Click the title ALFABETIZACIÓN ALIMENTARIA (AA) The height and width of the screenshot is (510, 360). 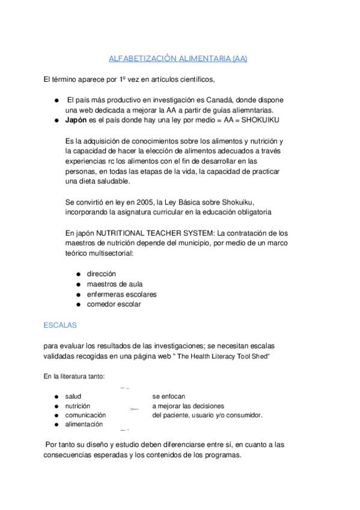point(178,58)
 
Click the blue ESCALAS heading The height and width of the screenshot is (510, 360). point(60,325)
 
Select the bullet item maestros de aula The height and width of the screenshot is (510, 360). point(115,284)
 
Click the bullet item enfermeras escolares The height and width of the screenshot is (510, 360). point(122,294)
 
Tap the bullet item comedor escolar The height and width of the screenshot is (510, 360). point(114,304)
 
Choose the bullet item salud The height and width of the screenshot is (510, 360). point(73,396)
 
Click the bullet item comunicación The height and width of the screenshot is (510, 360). point(86,415)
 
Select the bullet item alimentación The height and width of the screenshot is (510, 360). point(84,424)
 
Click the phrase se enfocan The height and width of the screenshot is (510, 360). point(169,396)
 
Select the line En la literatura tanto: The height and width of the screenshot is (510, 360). point(74,376)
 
